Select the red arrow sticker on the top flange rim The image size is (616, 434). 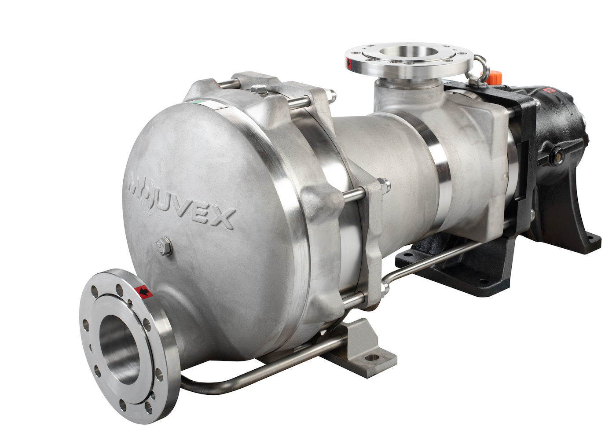348,63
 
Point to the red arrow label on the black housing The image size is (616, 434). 548,90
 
